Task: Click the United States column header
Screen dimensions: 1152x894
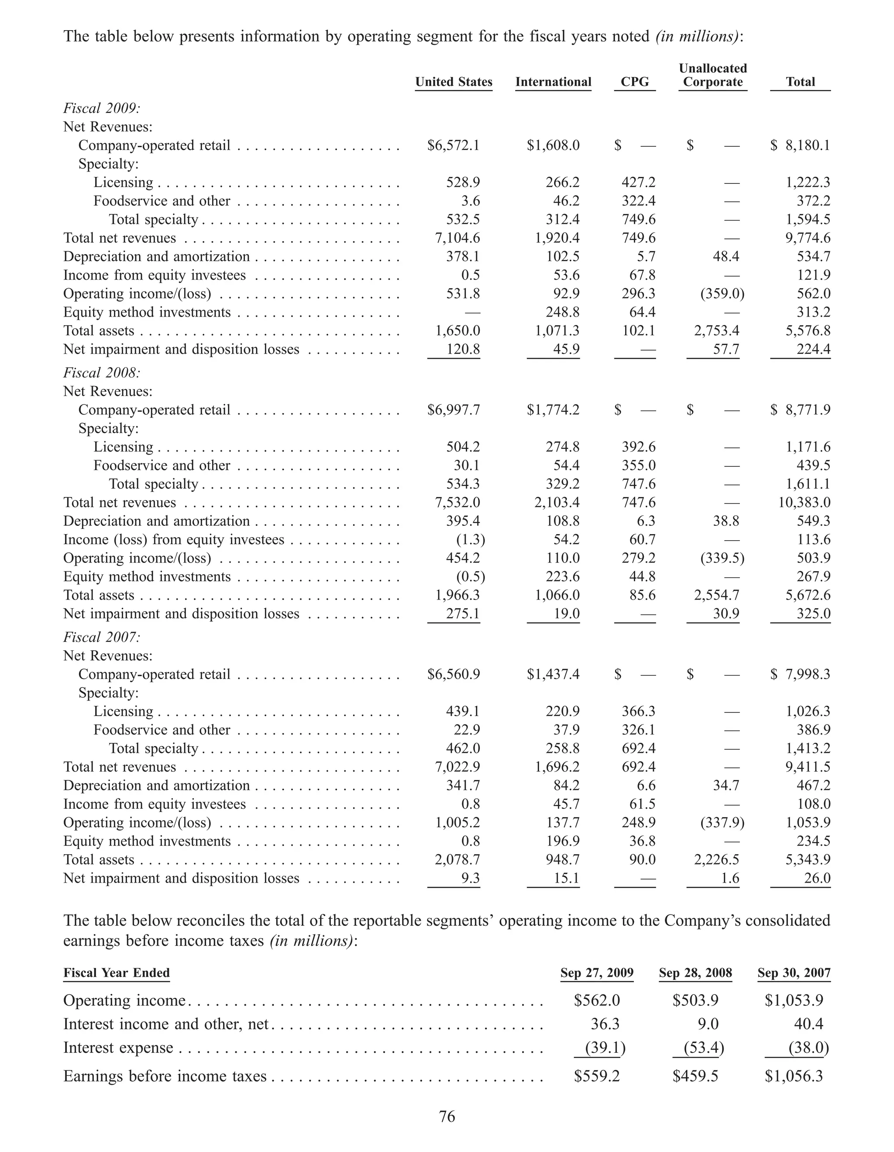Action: coord(453,82)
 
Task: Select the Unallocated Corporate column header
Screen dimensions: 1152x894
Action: coord(713,76)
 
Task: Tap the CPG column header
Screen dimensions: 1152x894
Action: coord(635,82)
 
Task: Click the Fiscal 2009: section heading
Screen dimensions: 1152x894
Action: coord(102,109)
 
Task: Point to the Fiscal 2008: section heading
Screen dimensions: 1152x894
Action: coord(102,373)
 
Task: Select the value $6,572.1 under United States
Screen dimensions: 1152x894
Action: coord(453,145)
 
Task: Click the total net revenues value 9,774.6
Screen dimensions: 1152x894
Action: coord(808,238)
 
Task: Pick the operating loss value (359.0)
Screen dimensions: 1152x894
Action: coord(722,294)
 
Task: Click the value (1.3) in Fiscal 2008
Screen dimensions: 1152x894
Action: coord(470,540)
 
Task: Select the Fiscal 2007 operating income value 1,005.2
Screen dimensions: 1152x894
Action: coord(457,823)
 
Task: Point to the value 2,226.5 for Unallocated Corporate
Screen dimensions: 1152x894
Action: coord(716,860)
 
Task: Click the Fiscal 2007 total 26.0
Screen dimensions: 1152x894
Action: coord(818,878)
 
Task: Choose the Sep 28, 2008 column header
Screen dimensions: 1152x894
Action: coord(695,973)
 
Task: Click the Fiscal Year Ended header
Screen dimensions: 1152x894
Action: coord(117,973)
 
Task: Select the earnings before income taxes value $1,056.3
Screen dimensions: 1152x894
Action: coord(793,1076)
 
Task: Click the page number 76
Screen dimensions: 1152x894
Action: coord(447,1117)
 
